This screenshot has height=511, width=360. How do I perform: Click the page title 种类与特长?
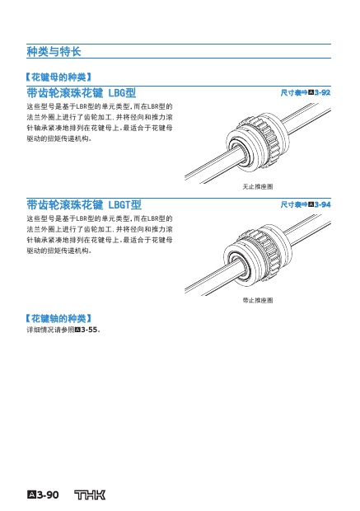(x=54, y=51)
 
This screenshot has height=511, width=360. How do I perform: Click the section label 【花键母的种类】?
(x=58, y=77)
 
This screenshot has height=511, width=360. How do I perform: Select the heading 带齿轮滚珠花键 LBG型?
(x=81, y=93)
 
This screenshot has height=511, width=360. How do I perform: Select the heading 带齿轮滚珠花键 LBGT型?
(x=84, y=204)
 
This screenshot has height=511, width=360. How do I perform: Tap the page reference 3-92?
(x=322, y=92)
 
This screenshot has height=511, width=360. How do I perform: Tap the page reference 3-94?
(x=323, y=204)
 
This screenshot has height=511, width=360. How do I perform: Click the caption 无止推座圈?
(x=257, y=187)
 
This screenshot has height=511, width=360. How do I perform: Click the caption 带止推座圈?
(x=257, y=300)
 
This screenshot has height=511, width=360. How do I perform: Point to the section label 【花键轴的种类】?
(x=58, y=318)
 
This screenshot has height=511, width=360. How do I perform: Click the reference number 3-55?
(x=89, y=330)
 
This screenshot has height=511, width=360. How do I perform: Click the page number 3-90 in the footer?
(x=48, y=495)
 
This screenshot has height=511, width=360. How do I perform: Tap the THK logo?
(x=90, y=495)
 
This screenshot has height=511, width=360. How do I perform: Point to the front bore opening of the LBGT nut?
(x=239, y=265)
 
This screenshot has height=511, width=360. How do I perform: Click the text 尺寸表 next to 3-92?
(x=291, y=93)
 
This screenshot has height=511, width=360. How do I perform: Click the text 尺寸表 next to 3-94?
(x=291, y=204)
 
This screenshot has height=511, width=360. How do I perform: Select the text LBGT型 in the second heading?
(x=124, y=204)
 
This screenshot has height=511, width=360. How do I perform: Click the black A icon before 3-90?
(x=31, y=495)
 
